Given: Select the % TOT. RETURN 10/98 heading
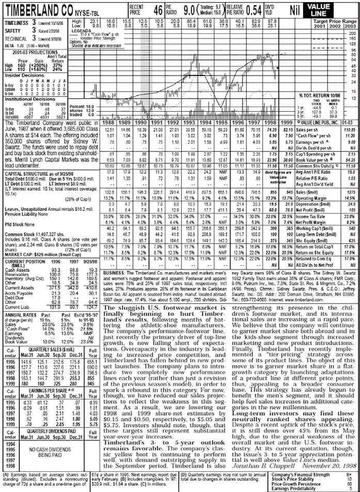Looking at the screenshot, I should (x=322, y=96).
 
